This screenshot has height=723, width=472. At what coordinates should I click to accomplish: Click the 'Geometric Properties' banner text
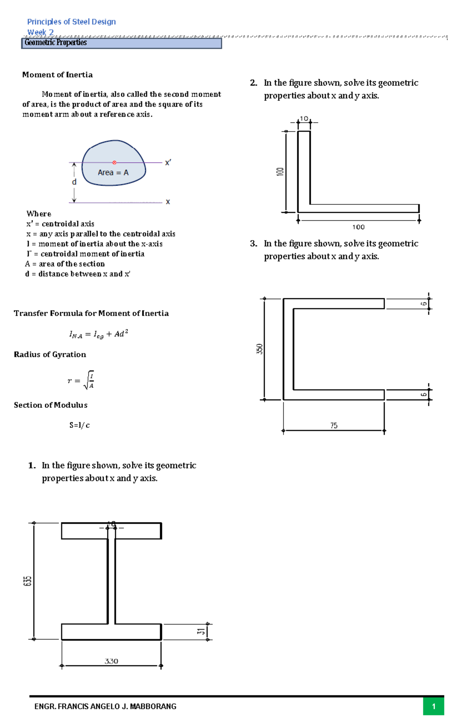click(x=55, y=43)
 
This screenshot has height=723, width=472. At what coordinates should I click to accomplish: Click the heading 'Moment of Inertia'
click(x=57, y=75)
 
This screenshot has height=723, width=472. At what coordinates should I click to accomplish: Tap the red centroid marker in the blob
click(x=114, y=162)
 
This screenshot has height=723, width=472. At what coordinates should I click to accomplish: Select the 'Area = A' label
click(x=113, y=173)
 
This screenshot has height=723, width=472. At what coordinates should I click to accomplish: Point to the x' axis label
click(x=168, y=163)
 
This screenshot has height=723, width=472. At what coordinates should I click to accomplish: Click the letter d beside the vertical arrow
click(x=74, y=182)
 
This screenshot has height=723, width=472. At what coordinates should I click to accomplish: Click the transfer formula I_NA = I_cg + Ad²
click(x=99, y=335)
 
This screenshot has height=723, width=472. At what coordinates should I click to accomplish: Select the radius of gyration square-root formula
click(x=81, y=380)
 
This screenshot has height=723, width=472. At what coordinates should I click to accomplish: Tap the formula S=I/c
click(x=79, y=425)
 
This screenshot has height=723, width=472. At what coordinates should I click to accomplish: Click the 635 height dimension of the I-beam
click(x=27, y=581)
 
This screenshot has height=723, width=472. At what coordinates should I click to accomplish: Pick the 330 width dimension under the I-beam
click(x=111, y=661)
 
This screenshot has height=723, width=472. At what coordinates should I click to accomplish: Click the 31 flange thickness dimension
click(x=201, y=632)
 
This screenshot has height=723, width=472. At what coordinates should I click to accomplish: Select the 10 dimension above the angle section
click(x=304, y=119)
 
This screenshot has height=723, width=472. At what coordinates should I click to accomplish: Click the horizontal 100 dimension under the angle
click(x=358, y=227)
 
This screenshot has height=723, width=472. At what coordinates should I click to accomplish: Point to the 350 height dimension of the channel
click(x=260, y=349)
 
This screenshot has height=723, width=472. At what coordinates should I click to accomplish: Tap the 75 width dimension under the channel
click(x=334, y=426)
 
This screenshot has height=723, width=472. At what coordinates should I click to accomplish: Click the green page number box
click(x=433, y=706)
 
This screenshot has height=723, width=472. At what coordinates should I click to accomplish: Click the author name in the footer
click(x=105, y=706)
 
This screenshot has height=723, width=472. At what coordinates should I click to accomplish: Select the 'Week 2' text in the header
click(x=41, y=32)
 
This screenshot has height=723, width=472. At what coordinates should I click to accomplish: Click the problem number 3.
click(x=253, y=243)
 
